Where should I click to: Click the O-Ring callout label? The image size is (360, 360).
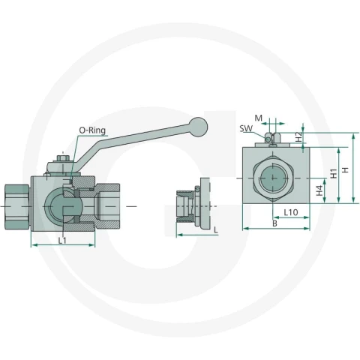(92, 130)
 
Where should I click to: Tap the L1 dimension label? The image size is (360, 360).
(62, 241)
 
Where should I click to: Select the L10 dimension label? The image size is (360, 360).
(291, 212)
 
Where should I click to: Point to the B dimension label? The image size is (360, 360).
(274, 223)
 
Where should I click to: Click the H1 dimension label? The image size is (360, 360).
(334, 173)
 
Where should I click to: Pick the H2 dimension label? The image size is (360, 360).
(298, 137)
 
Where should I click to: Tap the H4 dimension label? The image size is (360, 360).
(319, 190)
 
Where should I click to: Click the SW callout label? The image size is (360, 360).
(246, 128)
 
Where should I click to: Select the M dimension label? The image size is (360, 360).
(259, 118)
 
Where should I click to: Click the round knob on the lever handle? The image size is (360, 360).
(198, 127)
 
